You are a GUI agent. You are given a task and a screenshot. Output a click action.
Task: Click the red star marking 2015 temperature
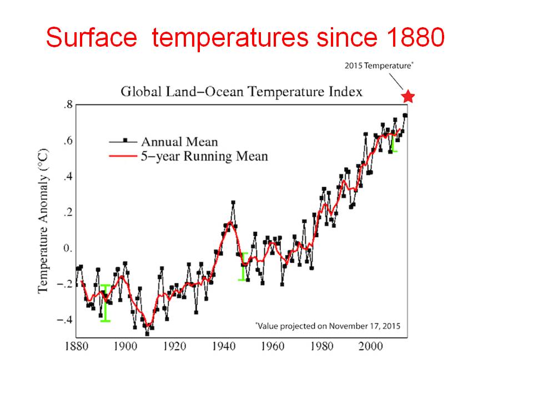click(x=408, y=97)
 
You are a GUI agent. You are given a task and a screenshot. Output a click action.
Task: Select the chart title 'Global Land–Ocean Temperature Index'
click(x=242, y=92)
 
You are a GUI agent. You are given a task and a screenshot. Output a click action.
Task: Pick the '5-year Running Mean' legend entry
click(x=204, y=156)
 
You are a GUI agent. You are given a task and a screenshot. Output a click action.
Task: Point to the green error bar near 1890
click(x=105, y=303)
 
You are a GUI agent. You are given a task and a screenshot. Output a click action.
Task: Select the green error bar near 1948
click(x=243, y=267)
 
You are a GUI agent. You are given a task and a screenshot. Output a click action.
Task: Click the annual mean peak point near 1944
click(x=233, y=203)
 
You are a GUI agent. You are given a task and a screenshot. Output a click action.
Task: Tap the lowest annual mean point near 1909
click(x=147, y=333)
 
